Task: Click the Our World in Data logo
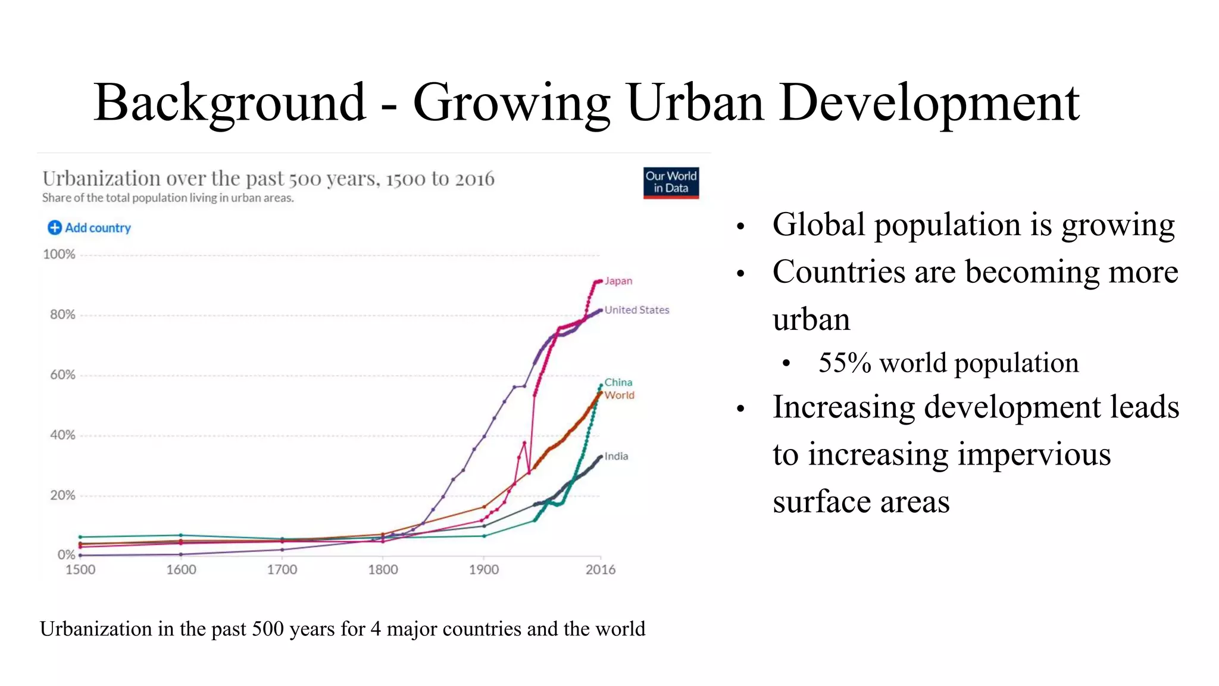tap(671, 182)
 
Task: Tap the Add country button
tap(89, 227)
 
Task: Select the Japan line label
tap(618, 281)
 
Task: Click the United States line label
tap(637, 310)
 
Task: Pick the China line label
tap(618, 382)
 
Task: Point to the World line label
tap(620, 395)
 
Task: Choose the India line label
tap(617, 456)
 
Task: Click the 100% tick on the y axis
tap(59, 254)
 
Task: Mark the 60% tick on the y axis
tap(62, 375)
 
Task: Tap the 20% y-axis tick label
tap(62, 495)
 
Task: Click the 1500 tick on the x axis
tap(80, 569)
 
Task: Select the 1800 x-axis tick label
tap(383, 569)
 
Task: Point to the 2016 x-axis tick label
tap(600, 569)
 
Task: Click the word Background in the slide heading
tap(229, 102)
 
